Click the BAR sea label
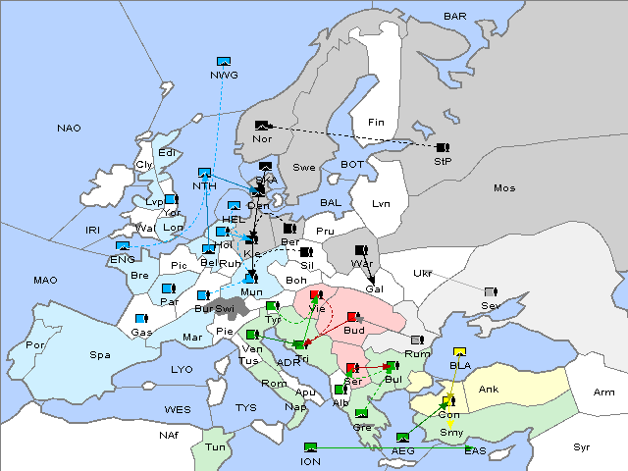(455, 16)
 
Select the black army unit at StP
(443, 146)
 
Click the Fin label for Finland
(375, 123)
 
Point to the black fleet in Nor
(261, 126)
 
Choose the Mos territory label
(504, 187)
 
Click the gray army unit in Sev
(491, 292)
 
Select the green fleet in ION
(311, 447)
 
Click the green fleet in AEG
(402, 438)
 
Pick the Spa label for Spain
(99, 354)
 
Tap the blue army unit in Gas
(141, 319)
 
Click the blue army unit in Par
(167, 288)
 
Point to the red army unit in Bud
(351, 317)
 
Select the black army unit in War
(361, 250)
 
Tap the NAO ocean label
(69, 129)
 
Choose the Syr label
(583, 446)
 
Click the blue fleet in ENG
(123, 246)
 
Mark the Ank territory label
(488, 390)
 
